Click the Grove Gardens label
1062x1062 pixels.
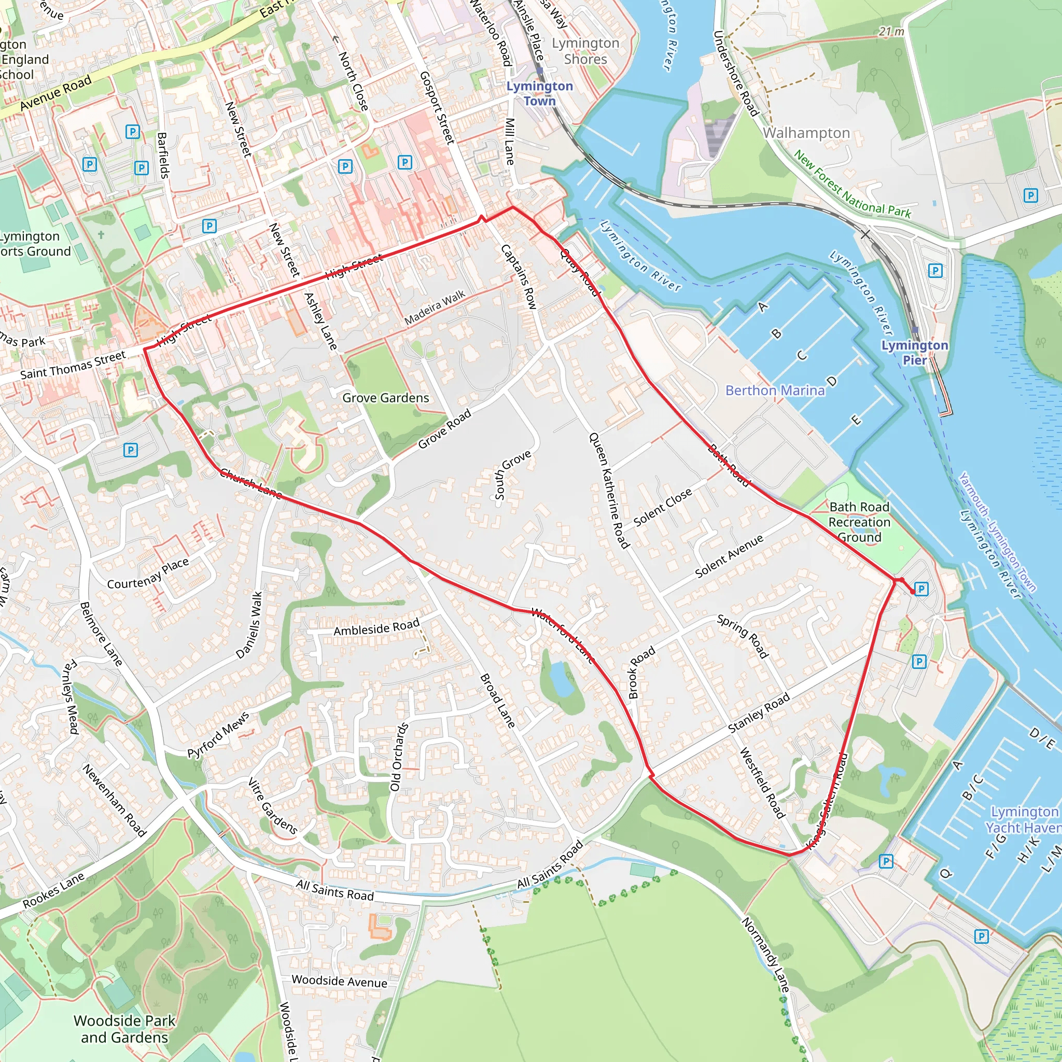385,398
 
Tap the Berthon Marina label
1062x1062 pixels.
775,390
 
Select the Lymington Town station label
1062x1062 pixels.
539,93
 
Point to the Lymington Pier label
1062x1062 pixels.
915,352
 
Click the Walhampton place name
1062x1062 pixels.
806,133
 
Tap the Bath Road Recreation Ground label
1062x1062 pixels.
859,522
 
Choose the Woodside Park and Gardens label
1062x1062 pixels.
124,1028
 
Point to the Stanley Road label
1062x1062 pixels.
759,712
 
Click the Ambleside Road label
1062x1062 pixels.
376,627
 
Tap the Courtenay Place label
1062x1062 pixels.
148,574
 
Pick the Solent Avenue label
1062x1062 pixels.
730,556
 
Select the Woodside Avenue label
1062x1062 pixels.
339,981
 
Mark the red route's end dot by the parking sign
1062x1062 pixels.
913,592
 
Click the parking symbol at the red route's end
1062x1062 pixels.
922,589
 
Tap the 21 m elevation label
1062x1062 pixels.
891,32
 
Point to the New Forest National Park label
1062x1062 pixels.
852,185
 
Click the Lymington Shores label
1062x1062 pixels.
585,51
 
